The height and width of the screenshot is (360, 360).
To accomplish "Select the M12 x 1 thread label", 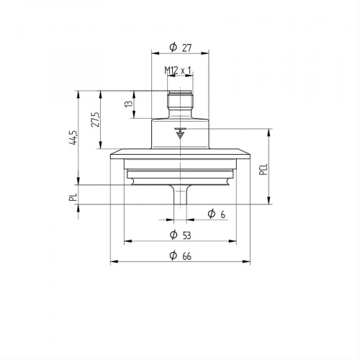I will (x=177, y=70).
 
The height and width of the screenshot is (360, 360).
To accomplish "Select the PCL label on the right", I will (x=264, y=169).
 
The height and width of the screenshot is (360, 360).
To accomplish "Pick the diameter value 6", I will (x=223, y=215).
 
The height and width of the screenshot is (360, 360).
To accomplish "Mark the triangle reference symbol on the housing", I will (x=179, y=133).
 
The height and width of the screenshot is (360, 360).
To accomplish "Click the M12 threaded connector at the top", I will (x=179, y=101).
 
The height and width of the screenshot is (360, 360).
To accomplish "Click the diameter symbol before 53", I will (x=173, y=235).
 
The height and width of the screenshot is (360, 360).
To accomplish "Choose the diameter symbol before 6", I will (x=211, y=215).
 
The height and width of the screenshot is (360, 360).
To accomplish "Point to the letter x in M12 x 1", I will (x=183, y=71).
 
